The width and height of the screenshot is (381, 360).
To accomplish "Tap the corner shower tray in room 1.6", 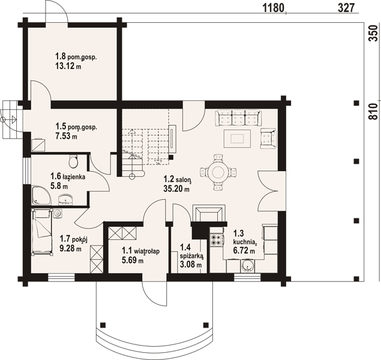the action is point(41,195).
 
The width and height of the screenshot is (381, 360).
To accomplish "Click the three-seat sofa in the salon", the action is point(238,118).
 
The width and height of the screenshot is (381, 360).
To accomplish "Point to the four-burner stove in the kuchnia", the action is point(217,239).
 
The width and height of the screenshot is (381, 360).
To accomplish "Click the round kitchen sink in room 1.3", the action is point(248,266).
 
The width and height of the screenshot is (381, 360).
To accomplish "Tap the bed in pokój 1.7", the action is point(42,232).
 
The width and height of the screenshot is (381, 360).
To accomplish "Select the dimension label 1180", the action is point(274,8).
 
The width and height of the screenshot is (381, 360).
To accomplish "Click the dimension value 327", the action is point(346,8).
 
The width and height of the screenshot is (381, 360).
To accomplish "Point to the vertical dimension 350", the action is point(374,33).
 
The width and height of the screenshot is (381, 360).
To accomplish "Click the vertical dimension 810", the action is point(374,111).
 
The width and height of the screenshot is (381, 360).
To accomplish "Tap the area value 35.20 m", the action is point(176,188).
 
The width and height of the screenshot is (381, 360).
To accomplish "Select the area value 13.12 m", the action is point(68,65).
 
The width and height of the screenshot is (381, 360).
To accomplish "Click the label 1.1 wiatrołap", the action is point(140,251).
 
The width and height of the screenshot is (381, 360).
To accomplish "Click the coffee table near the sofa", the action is point(237,139).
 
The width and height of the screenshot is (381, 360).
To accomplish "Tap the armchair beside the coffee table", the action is point(268,139).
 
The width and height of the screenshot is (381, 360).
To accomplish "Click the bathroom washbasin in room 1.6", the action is point(65,199).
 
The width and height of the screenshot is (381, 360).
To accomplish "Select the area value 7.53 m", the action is point(66,136).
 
